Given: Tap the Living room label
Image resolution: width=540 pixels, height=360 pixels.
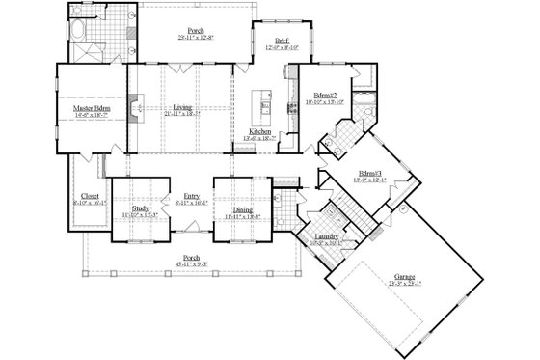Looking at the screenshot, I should (180, 108).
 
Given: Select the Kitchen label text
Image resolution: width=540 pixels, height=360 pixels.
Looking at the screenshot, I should (260, 131).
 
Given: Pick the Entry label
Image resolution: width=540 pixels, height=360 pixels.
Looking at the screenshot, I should (191, 197).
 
